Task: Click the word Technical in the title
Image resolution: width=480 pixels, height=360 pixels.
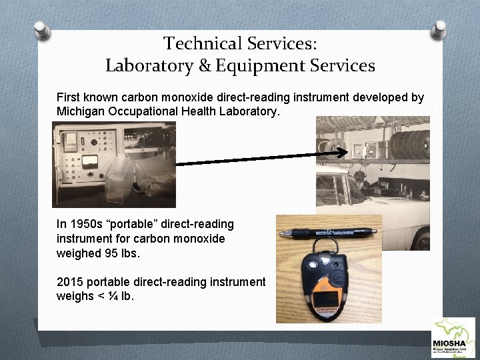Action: coord(197,44)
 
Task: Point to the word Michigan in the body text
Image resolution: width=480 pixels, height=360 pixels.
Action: coord(81,111)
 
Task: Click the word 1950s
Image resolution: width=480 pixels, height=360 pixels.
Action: coord(88,225)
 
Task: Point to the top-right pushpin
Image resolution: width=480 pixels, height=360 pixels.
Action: coord(440,28)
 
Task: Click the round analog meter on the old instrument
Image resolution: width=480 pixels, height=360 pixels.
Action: coord(89,162)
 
